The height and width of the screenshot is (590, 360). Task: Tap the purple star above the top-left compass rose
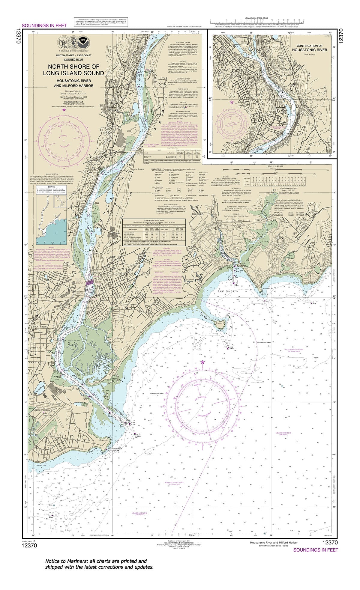point(64,110)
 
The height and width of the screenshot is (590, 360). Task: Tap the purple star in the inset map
point(231,102)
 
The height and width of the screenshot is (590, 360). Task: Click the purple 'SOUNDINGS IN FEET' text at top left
point(44,26)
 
